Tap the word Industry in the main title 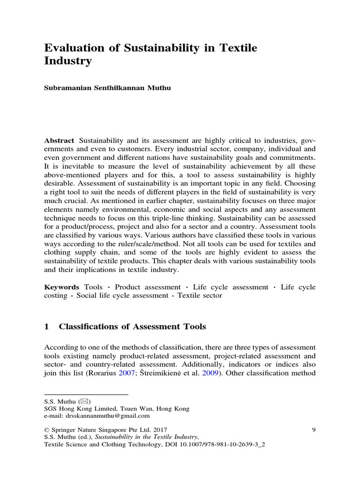pyautogui.click(x=67, y=61)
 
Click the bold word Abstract pyautogui.click(x=59, y=128)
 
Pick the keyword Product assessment pyautogui.click(x=148, y=287)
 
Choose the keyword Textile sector pyautogui.click(x=200, y=296)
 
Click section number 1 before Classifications pyautogui.click(x=46, y=327)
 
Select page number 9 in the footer pyautogui.click(x=313, y=429)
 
